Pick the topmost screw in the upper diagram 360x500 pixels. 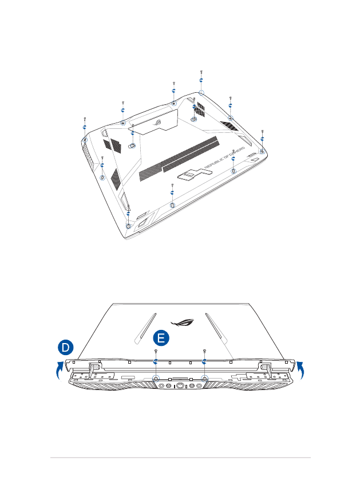(x=201, y=73)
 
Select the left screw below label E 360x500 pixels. (x=156, y=351)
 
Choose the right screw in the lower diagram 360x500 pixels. (x=204, y=351)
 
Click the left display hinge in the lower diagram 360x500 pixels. (x=92, y=369)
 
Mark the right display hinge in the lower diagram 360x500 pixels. (x=266, y=369)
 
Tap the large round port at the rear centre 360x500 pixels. (x=180, y=387)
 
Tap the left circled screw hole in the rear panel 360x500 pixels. (x=156, y=379)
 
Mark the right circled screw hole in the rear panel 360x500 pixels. (x=204, y=379)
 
